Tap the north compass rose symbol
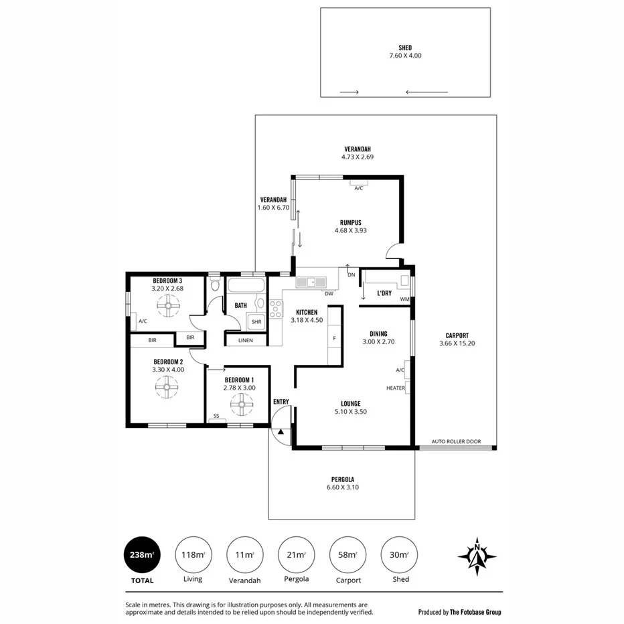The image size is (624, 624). (477, 556)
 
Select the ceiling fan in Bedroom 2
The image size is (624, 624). (166, 386)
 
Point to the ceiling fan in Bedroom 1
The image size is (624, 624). (241, 404)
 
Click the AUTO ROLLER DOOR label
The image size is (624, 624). (457, 441)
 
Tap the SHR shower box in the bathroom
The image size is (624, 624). (256, 322)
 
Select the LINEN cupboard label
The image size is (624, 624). (244, 340)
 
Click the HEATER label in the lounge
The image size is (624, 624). (395, 388)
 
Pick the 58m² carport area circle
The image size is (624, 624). (348, 554)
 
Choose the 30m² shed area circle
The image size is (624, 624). (399, 554)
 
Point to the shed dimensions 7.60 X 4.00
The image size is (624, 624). (405, 56)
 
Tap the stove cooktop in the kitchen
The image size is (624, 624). (275, 309)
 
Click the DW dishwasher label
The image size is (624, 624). (329, 293)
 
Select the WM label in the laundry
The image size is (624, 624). (404, 299)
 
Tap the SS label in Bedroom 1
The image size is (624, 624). (216, 416)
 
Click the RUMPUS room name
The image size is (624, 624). (350, 222)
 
